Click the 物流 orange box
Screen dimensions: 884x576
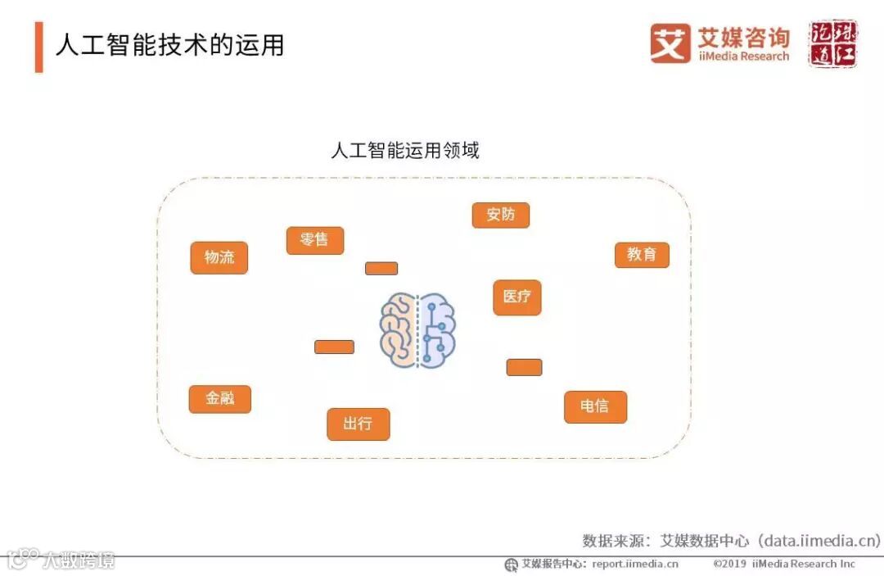pyautogui.click(x=219, y=257)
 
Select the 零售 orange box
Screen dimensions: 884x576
pyautogui.click(x=315, y=240)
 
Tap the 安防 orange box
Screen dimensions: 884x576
pyautogui.click(x=501, y=215)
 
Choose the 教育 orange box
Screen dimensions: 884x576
pyautogui.click(x=642, y=255)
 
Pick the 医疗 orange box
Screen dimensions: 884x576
pyautogui.click(x=517, y=297)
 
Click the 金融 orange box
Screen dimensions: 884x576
pyautogui.click(x=219, y=399)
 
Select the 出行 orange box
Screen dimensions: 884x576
pyautogui.click(x=359, y=424)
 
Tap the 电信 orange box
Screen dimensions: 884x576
pyautogui.click(x=595, y=406)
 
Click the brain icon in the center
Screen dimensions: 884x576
pyautogui.click(x=417, y=330)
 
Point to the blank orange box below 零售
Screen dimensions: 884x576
pyautogui.click(x=381, y=268)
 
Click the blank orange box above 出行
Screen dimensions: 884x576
pyautogui.click(x=334, y=347)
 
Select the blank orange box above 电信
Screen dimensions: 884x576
pyautogui.click(x=524, y=367)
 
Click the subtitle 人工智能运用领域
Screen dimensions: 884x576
pyautogui.click(x=404, y=151)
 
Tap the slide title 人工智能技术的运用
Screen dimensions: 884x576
pyautogui.click(x=169, y=44)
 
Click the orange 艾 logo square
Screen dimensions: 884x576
pyautogui.click(x=670, y=43)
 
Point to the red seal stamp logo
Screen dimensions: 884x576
pyautogui.click(x=833, y=43)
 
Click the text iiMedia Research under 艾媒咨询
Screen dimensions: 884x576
pyautogui.click(x=743, y=57)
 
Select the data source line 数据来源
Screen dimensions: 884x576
pyautogui.click(x=731, y=540)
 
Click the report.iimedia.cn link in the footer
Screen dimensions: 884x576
pyautogui.click(x=635, y=564)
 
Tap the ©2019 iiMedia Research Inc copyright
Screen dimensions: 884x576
pyautogui.click(x=783, y=564)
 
